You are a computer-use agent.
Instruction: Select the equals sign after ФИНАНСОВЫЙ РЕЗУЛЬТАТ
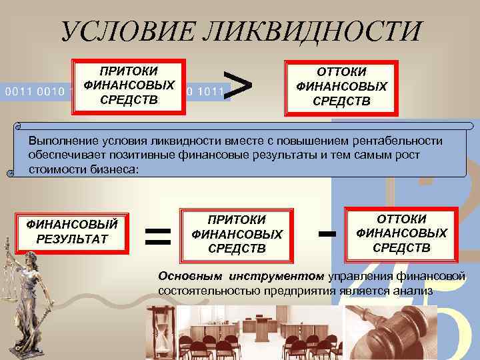pos(158,235)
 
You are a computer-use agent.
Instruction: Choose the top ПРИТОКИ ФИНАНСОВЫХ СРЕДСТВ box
pos(129,85)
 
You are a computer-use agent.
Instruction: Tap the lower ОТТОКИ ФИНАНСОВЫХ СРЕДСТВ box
pos(401,233)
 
